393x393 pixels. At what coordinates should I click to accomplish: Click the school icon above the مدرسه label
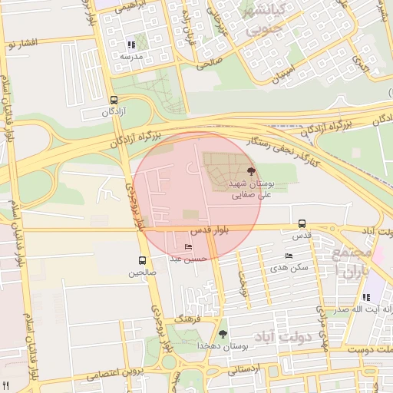coord(130,45)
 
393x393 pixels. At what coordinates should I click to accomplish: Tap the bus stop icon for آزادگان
coord(114,100)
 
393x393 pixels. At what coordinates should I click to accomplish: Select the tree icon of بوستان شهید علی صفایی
coord(251,171)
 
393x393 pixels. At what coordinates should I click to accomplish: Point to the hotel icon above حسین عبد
coord(189,247)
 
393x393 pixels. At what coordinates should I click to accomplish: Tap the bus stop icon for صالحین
coord(141,260)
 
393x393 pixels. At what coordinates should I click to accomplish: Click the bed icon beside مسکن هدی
coord(289,256)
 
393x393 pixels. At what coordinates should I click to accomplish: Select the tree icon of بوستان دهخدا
coord(223,334)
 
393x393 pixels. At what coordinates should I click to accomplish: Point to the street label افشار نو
coord(21,45)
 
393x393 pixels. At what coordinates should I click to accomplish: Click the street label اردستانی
coord(245,369)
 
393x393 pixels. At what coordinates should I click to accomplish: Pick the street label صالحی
coord(209,64)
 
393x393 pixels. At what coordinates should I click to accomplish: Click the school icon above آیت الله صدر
coord(366,297)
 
